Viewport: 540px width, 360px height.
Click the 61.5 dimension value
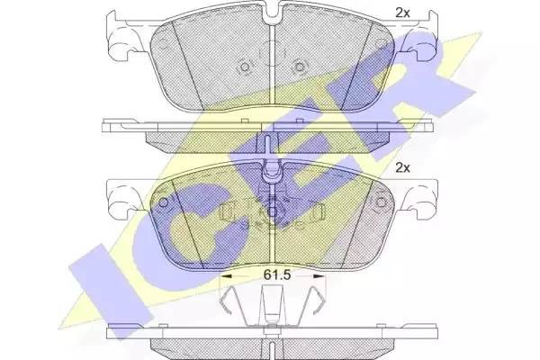(x=277, y=274)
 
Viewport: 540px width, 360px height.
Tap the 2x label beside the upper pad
(x=402, y=13)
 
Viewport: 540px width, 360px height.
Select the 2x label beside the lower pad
(x=402, y=167)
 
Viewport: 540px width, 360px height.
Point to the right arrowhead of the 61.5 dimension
(x=319, y=276)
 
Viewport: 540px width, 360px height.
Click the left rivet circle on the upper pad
(x=245, y=67)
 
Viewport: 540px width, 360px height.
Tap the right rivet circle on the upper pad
(x=300, y=67)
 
